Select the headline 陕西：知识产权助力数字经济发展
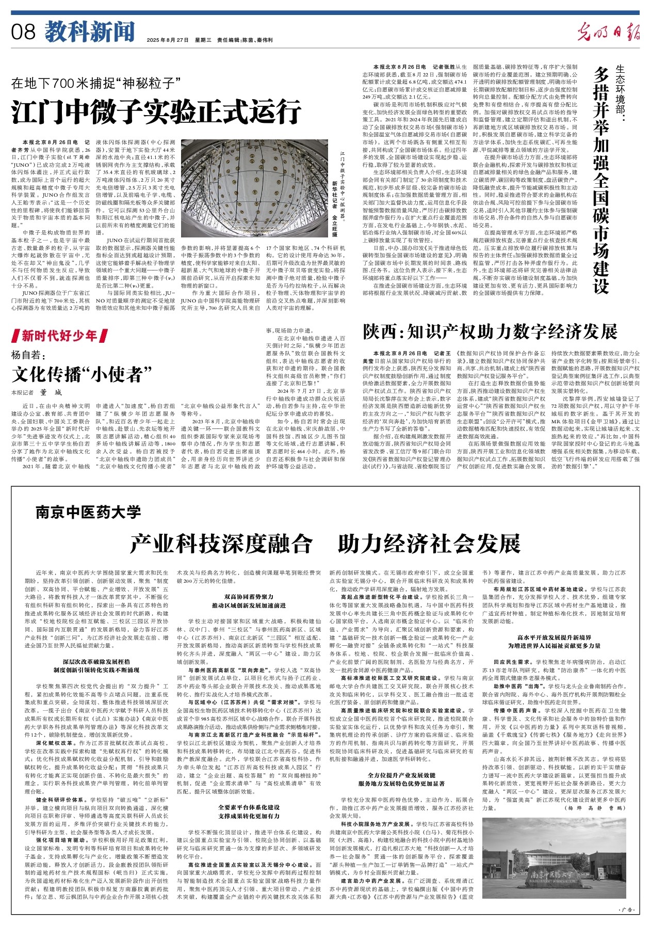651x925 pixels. tap(490, 331)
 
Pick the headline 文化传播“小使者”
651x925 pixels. tap(82, 372)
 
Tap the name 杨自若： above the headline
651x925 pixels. tap(29, 355)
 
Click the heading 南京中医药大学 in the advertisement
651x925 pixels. tap(88, 512)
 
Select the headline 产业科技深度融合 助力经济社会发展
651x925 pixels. tap(325, 544)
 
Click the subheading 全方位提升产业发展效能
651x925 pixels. tap(401, 775)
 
